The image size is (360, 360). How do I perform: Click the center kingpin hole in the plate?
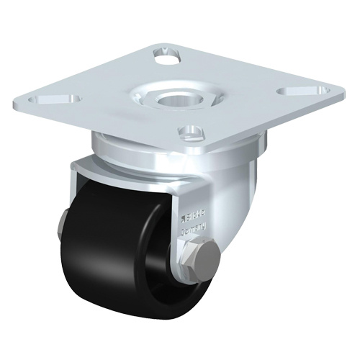tap(173, 96)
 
